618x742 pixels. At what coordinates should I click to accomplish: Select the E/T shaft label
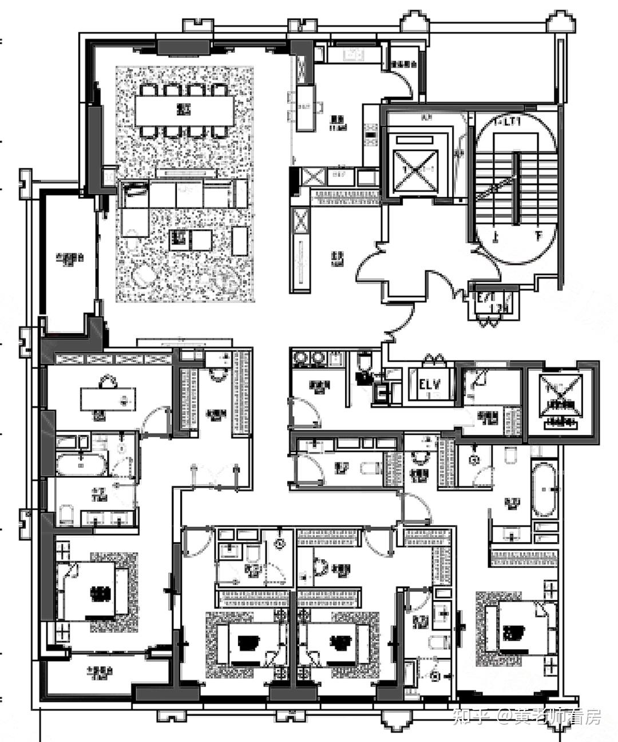486,298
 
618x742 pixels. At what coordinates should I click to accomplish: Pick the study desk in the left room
108,398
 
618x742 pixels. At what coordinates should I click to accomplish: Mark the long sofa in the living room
184,193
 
